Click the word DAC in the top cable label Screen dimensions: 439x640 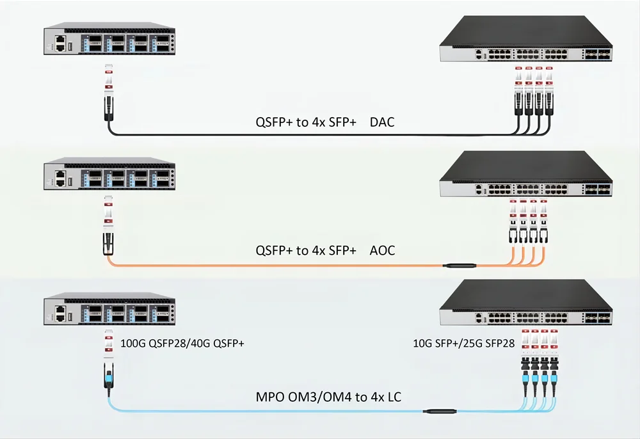point(382,122)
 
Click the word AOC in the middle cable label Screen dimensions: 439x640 point(382,250)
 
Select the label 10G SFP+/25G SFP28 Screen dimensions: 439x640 point(465,344)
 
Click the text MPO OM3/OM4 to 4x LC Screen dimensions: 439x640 point(330,397)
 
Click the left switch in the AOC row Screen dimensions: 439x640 point(109,173)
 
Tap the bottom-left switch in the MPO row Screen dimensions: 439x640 point(109,310)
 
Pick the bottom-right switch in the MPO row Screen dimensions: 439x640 point(525,308)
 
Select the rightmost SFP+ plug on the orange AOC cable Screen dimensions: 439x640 point(544,233)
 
